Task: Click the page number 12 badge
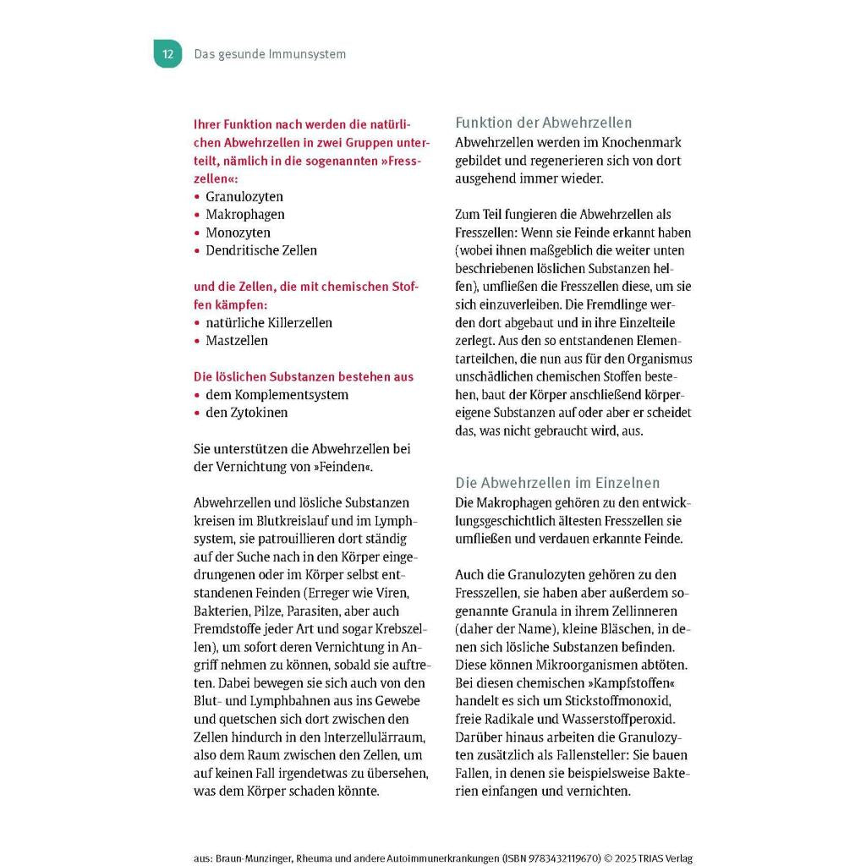[167, 54]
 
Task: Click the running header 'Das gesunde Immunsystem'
[270, 54]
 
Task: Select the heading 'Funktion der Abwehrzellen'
[544, 123]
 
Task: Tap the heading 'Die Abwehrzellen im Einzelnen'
[557, 483]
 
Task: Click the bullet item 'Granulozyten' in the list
[244, 196]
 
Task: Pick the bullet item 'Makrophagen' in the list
[245, 215]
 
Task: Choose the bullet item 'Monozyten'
[238, 233]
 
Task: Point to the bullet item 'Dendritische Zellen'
[261, 250]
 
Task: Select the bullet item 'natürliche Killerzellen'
[269, 322]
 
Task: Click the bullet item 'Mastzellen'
[237, 341]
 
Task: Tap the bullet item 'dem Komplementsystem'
[277, 395]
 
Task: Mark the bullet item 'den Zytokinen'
[246, 413]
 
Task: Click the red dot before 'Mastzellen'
[197, 341]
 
